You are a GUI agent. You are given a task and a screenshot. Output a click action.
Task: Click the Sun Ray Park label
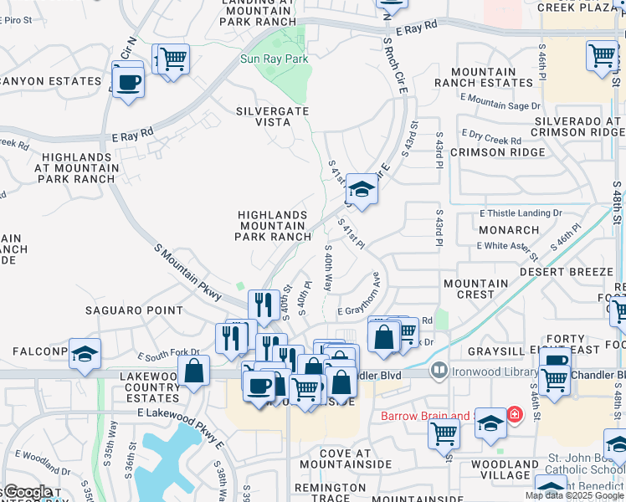[275, 59]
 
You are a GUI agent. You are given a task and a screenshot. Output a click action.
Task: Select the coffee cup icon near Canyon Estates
[128, 82]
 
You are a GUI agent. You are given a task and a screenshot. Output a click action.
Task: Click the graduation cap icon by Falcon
[85, 355]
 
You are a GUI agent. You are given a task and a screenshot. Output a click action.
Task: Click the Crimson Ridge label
[490, 152]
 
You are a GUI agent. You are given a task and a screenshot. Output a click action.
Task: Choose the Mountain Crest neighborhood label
[476, 289]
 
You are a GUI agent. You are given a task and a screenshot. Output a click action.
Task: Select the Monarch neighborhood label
[509, 230]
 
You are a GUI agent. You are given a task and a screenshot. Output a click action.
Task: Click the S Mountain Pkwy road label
[188, 273]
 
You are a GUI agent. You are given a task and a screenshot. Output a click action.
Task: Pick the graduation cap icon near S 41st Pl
[362, 188]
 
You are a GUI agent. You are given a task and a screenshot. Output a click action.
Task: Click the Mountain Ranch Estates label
[484, 78]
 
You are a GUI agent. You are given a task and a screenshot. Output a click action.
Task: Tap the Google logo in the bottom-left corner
[28, 491]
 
